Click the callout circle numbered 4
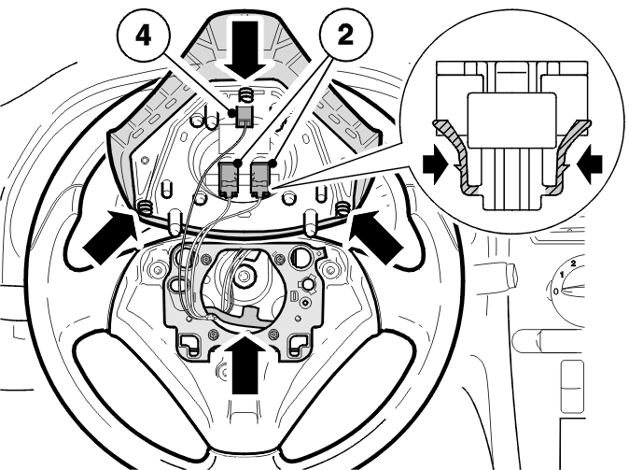pos(143,36)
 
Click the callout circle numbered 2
pos(345,36)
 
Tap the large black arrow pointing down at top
pos(245,49)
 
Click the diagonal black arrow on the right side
pos(377,237)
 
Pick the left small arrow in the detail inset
pos(436,164)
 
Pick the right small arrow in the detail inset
pos(589,164)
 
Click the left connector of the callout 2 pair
pos(230,179)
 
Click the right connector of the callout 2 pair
pos(260,179)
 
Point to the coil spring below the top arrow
pos(246,95)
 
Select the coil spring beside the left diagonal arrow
pos(146,207)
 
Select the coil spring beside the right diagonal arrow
pos(342,207)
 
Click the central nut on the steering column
pos(243,277)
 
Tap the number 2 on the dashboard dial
pos(573,263)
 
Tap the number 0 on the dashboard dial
pos(555,291)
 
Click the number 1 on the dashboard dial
pos(562,275)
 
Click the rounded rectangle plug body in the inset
pos(512,120)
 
